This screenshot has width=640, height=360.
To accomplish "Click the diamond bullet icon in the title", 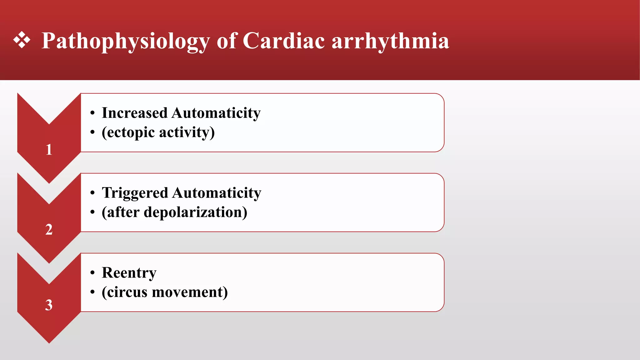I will coord(22,40).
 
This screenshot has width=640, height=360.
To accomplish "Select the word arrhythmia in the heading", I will coord(390,42).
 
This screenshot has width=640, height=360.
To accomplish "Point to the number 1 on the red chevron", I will coord(49,149).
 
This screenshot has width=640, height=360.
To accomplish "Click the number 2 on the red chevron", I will coord(49,229).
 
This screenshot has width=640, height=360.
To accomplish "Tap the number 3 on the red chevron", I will coord(49,305).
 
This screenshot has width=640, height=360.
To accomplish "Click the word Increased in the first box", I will coord(135,113).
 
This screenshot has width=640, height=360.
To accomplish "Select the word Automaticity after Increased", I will coord(216,113).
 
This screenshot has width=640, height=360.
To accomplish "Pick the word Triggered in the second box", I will coord(135,193).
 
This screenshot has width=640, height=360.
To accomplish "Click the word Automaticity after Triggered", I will coord(217,193).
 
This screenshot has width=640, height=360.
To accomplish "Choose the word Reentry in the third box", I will coord(129,273).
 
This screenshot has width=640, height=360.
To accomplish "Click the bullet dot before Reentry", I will coord(92,273).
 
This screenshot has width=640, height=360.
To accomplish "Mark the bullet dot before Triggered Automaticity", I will coord(92,193).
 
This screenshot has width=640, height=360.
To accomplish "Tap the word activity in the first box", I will coord(187,132).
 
